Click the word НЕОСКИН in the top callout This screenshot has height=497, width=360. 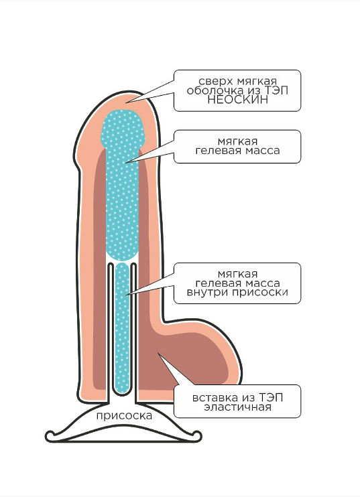[x=237, y=100]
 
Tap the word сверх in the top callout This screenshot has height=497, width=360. [x=215, y=82]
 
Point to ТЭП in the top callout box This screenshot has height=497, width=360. [x=277, y=90]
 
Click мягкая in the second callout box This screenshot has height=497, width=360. [x=237, y=142]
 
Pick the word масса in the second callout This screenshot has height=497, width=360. [x=262, y=150]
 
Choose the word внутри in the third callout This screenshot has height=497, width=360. [x=207, y=292]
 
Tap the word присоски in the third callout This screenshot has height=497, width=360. [x=260, y=292]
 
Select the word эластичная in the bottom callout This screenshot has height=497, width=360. [x=237, y=407]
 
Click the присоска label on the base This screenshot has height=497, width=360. [x=124, y=416]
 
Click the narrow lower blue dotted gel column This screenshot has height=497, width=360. [x=123, y=328]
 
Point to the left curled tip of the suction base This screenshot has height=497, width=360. [x=48, y=435]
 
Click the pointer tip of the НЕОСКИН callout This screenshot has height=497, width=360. [x=127, y=102]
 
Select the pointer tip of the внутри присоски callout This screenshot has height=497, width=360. [x=126, y=295]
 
